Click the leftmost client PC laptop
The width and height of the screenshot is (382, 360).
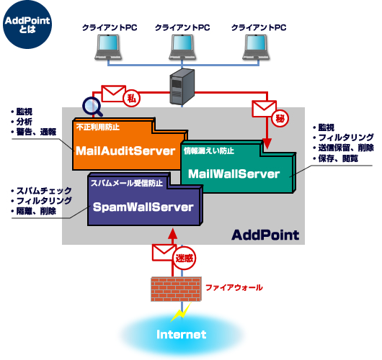[108, 48]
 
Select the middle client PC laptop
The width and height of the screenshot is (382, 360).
[182, 48]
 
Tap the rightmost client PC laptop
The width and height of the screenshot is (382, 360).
[256, 48]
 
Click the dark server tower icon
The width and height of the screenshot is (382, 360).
[182, 86]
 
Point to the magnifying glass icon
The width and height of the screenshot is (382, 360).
[92, 107]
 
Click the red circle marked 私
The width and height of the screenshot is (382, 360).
[132, 99]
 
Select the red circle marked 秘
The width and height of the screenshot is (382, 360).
[280, 119]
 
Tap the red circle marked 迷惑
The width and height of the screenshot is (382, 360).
[185, 258]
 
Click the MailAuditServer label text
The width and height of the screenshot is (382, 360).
[125, 151]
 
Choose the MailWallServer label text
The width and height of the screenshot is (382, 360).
[234, 174]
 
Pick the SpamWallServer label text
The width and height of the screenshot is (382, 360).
[143, 207]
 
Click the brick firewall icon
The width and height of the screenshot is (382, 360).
[176, 289]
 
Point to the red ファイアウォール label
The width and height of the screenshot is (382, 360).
[234, 287]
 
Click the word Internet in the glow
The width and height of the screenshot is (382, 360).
[182, 335]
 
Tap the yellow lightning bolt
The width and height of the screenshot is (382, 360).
[181, 312]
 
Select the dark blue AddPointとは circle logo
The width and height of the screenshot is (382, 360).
[27, 24]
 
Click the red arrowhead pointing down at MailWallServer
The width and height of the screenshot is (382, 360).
[267, 144]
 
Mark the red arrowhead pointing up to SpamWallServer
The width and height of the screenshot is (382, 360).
[173, 233]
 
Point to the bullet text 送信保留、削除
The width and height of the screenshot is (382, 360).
[346, 148]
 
